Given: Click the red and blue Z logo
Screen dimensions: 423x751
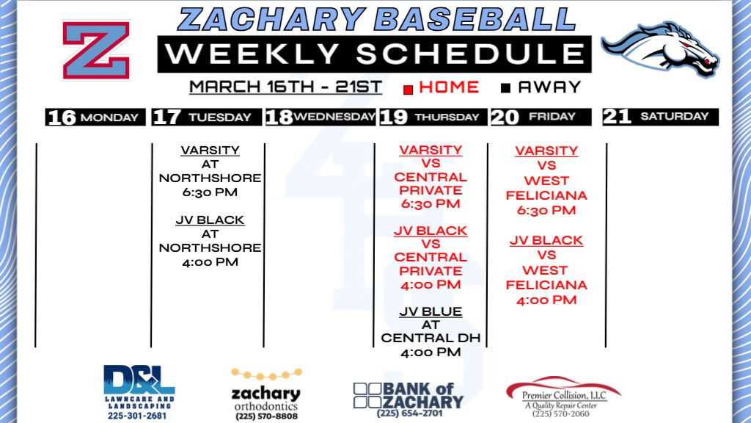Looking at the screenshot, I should pos(95,50).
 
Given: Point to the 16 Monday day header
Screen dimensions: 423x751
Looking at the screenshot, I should pos(92,117).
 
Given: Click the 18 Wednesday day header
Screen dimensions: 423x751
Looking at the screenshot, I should pos(320,117).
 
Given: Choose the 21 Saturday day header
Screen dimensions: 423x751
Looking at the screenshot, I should pos(659,116).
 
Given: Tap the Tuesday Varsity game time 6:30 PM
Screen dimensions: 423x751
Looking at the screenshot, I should pos(210,192).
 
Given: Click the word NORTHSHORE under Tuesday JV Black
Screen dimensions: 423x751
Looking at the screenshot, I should pos(210,247).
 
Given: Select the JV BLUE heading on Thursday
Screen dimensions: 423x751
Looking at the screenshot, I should pos(431,312).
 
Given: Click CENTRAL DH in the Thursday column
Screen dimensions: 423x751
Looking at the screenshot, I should pos(431,339).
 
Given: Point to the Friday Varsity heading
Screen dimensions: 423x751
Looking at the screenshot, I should pos(546,151).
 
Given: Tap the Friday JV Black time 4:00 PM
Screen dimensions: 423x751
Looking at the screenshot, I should pos(546,300).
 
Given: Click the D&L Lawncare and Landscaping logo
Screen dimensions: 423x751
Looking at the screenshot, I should pos(139,391).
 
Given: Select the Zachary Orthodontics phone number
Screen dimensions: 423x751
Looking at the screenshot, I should pos(266,416).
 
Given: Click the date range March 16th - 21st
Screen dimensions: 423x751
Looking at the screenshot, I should pos(285,87).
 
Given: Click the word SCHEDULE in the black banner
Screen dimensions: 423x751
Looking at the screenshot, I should pos(473,54).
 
